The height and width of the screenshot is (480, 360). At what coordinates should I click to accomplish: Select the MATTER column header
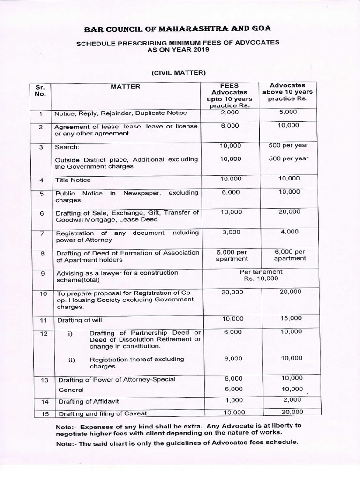[125, 87]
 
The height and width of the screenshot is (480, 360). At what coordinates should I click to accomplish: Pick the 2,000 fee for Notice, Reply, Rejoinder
[229, 112]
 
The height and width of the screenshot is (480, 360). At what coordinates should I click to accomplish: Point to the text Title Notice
[73, 180]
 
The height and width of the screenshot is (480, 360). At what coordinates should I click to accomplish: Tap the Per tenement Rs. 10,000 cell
[261, 275]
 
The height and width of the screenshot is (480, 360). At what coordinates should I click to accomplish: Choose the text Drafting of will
[79, 321]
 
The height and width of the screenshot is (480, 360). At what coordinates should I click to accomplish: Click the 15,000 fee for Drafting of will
[292, 319]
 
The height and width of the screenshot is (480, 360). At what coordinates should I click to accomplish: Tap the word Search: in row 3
[67, 147]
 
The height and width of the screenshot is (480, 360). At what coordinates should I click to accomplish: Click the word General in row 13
[71, 390]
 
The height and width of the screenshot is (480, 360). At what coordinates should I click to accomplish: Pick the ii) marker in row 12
[72, 360]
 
